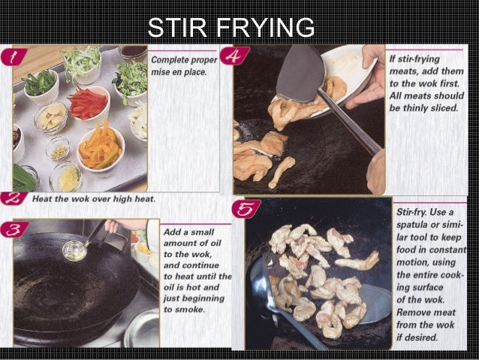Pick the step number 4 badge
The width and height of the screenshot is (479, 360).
pos(235,57)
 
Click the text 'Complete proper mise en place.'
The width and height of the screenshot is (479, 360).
pos(184,65)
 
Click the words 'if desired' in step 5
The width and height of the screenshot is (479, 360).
pos(419,338)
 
